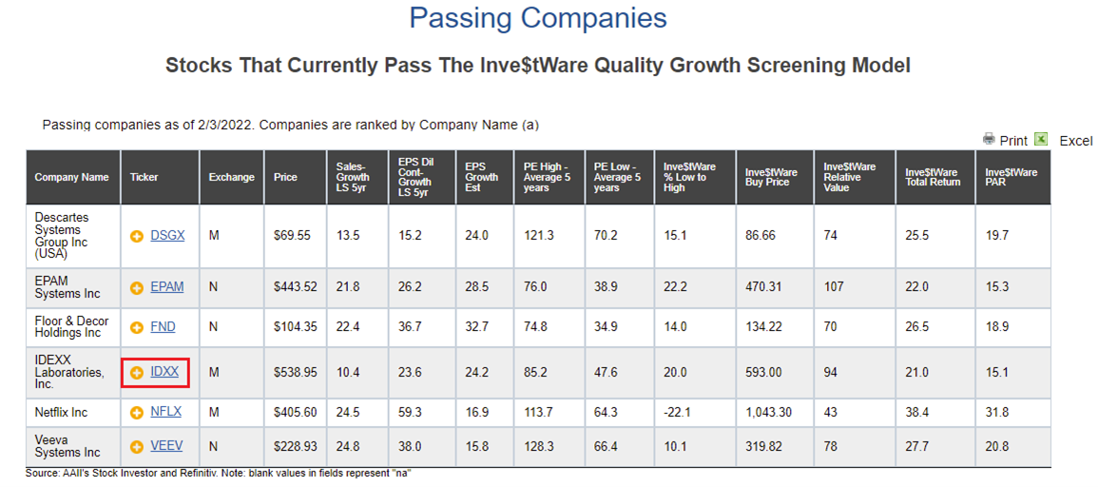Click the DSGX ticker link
pos(167,236)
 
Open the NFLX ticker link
pos(166,411)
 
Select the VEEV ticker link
pos(166,446)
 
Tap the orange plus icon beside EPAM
pos(137,287)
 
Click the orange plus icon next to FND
pos(137,326)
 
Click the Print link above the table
pos(1013,140)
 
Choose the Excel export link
pos(1075,140)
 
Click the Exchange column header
pos(232,177)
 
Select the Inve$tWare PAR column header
pos(1011,177)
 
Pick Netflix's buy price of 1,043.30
pos(769,412)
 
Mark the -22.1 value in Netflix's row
pos(678,412)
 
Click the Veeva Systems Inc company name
pos(67,446)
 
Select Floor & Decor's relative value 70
pos(831,326)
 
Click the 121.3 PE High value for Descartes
pos(538,236)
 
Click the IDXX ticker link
pos(164,372)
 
